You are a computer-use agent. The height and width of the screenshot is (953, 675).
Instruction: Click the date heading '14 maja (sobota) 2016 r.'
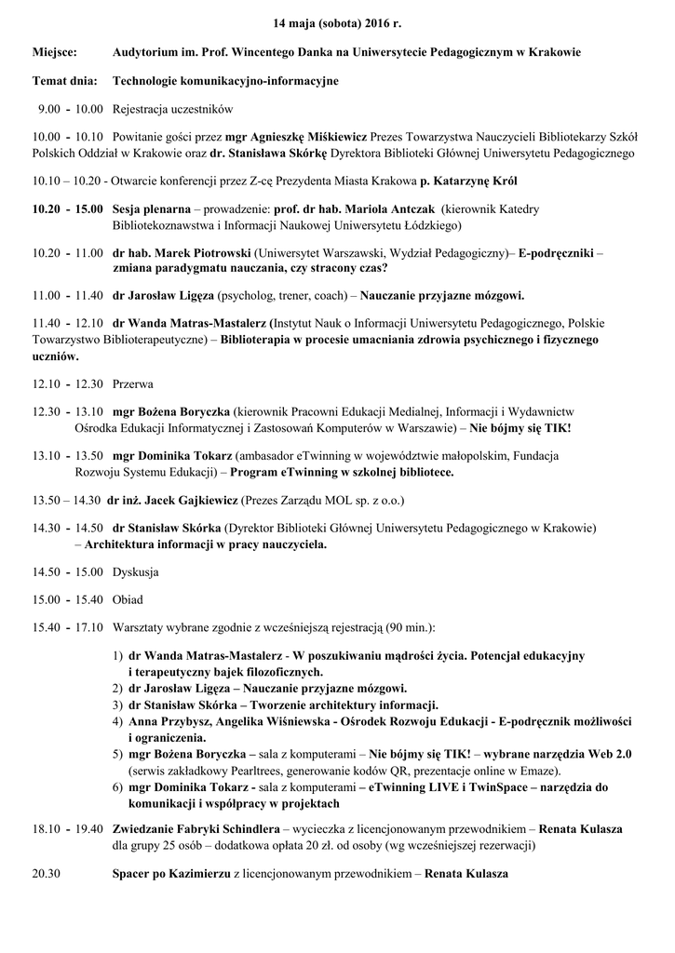pyautogui.click(x=337, y=21)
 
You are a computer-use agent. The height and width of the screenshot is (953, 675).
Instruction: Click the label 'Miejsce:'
pyautogui.click(x=56, y=54)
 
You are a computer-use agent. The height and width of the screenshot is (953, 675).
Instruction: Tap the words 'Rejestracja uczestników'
pyautogui.click(x=172, y=110)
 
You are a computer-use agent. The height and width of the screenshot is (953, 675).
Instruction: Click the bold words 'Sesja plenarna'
pyautogui.click(x=152, y=209)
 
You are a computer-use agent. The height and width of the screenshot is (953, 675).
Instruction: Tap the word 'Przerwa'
pyautogui.click(x=133, y=383)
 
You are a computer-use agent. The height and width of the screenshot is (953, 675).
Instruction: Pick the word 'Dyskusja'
pyautogui.click(x=136, y=571)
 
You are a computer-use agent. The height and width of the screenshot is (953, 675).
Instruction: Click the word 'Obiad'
pyautogui.click(x=128, y=599)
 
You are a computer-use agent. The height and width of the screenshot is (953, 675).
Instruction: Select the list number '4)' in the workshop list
pyautogui.click(x=118, y=722)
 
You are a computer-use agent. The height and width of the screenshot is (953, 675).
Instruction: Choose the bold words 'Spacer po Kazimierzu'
pyautogui.click(x=171, y=875)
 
